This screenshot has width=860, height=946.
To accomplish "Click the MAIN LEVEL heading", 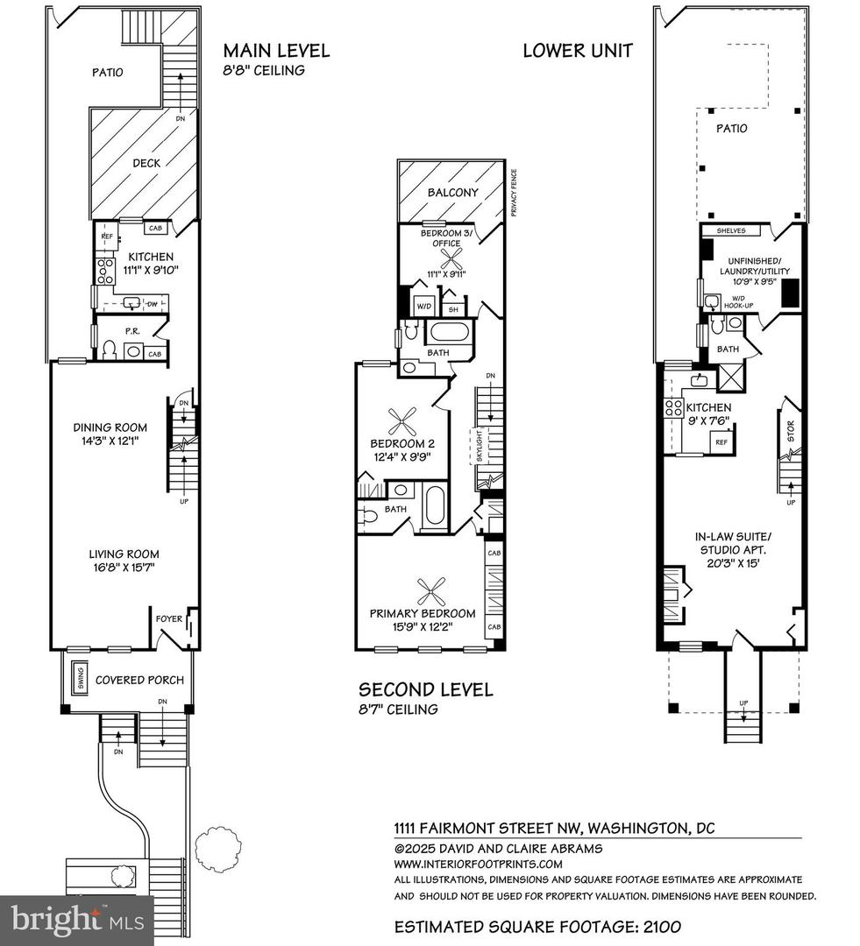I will pos(276,50).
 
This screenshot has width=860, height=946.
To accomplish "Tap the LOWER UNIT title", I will pos(577,50).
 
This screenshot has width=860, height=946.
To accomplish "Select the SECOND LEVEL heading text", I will pos(424,689).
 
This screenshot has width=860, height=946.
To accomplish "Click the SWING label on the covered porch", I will pos(80,680).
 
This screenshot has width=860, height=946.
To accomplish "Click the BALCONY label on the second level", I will pos(452,193).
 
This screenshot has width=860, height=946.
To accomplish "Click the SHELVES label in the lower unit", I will pos(730,230).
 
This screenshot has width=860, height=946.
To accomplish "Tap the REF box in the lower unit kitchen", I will pos(721,442).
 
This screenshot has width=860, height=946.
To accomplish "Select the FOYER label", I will pos(168,619).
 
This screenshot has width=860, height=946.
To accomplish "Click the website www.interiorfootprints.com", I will pos(478,864).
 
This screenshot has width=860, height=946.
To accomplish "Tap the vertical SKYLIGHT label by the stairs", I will pos(480,448).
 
